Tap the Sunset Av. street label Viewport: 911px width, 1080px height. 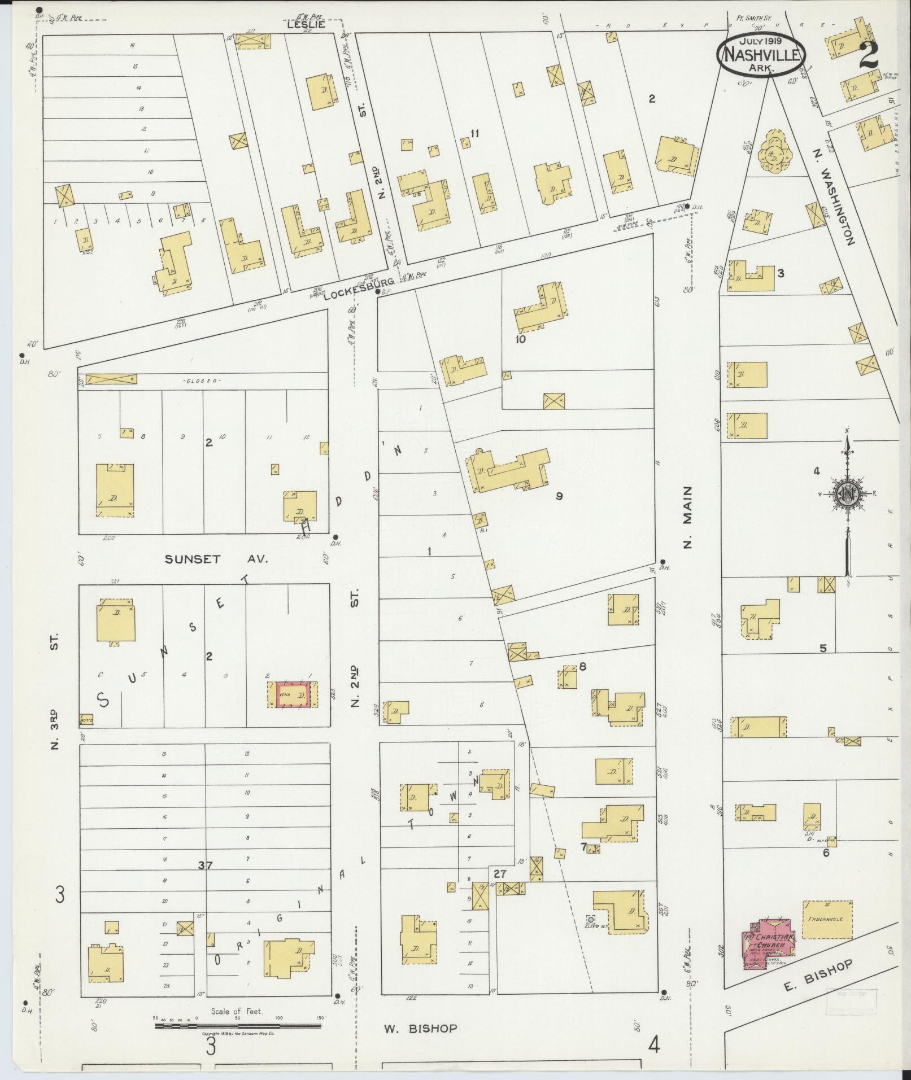(x=215, y=559)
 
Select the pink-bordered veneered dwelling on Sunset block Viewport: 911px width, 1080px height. (x=293, y=695)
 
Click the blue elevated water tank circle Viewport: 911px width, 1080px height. (x=590, y=919)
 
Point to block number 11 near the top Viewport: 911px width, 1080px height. (x=474, y=133)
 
